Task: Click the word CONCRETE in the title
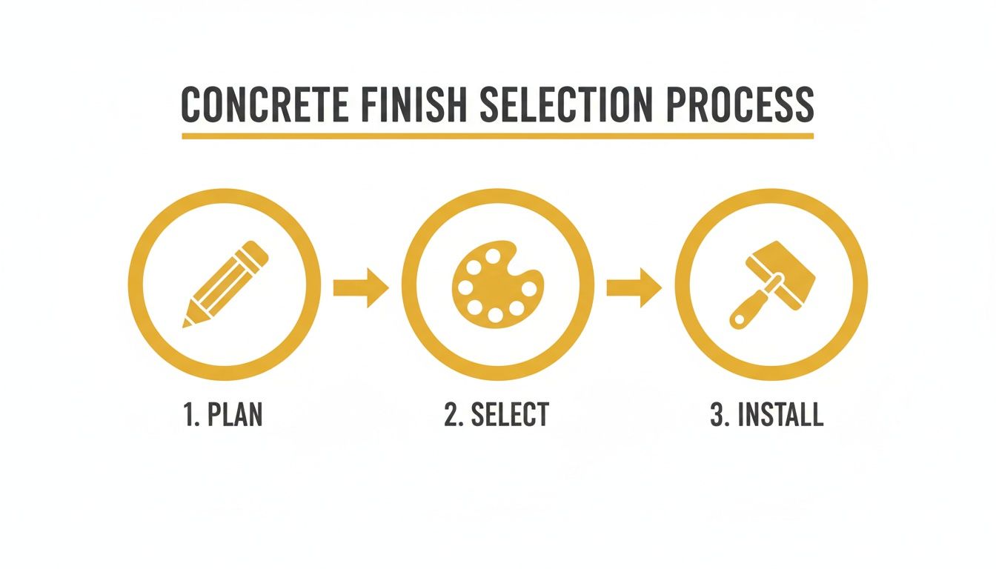tap(264, 106)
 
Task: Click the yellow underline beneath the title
tap(497, 136)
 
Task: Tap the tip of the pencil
tap(187, 322)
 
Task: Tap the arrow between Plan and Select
tap(361, 287)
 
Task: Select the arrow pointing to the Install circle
tap(634, 287)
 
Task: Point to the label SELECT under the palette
tap(510, 415)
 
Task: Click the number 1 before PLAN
tap(187, 415)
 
